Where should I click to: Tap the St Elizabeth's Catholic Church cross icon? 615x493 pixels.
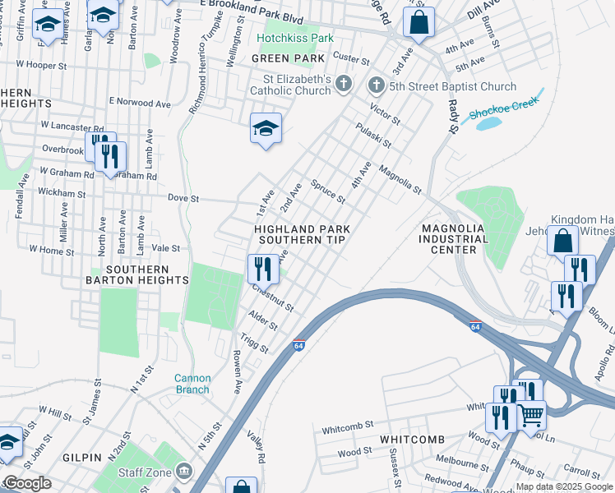coord(344,84)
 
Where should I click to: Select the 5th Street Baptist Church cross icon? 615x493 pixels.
coord(376,85)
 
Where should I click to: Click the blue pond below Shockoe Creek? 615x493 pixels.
coord(488,124)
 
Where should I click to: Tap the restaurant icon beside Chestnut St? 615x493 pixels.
coord(263,268)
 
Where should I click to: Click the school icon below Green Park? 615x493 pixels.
coord(266,128)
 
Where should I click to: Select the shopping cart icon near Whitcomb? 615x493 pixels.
coord(531,415)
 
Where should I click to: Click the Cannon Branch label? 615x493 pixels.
coord(192,384)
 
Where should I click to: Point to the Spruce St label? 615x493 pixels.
coord(327,191)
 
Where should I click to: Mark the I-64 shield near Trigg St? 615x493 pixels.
coord(299,347)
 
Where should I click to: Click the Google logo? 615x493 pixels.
coord(27,483)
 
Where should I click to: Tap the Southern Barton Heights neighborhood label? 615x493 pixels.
coord(136,274)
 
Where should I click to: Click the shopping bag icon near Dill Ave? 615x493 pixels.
coord(418,23)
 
